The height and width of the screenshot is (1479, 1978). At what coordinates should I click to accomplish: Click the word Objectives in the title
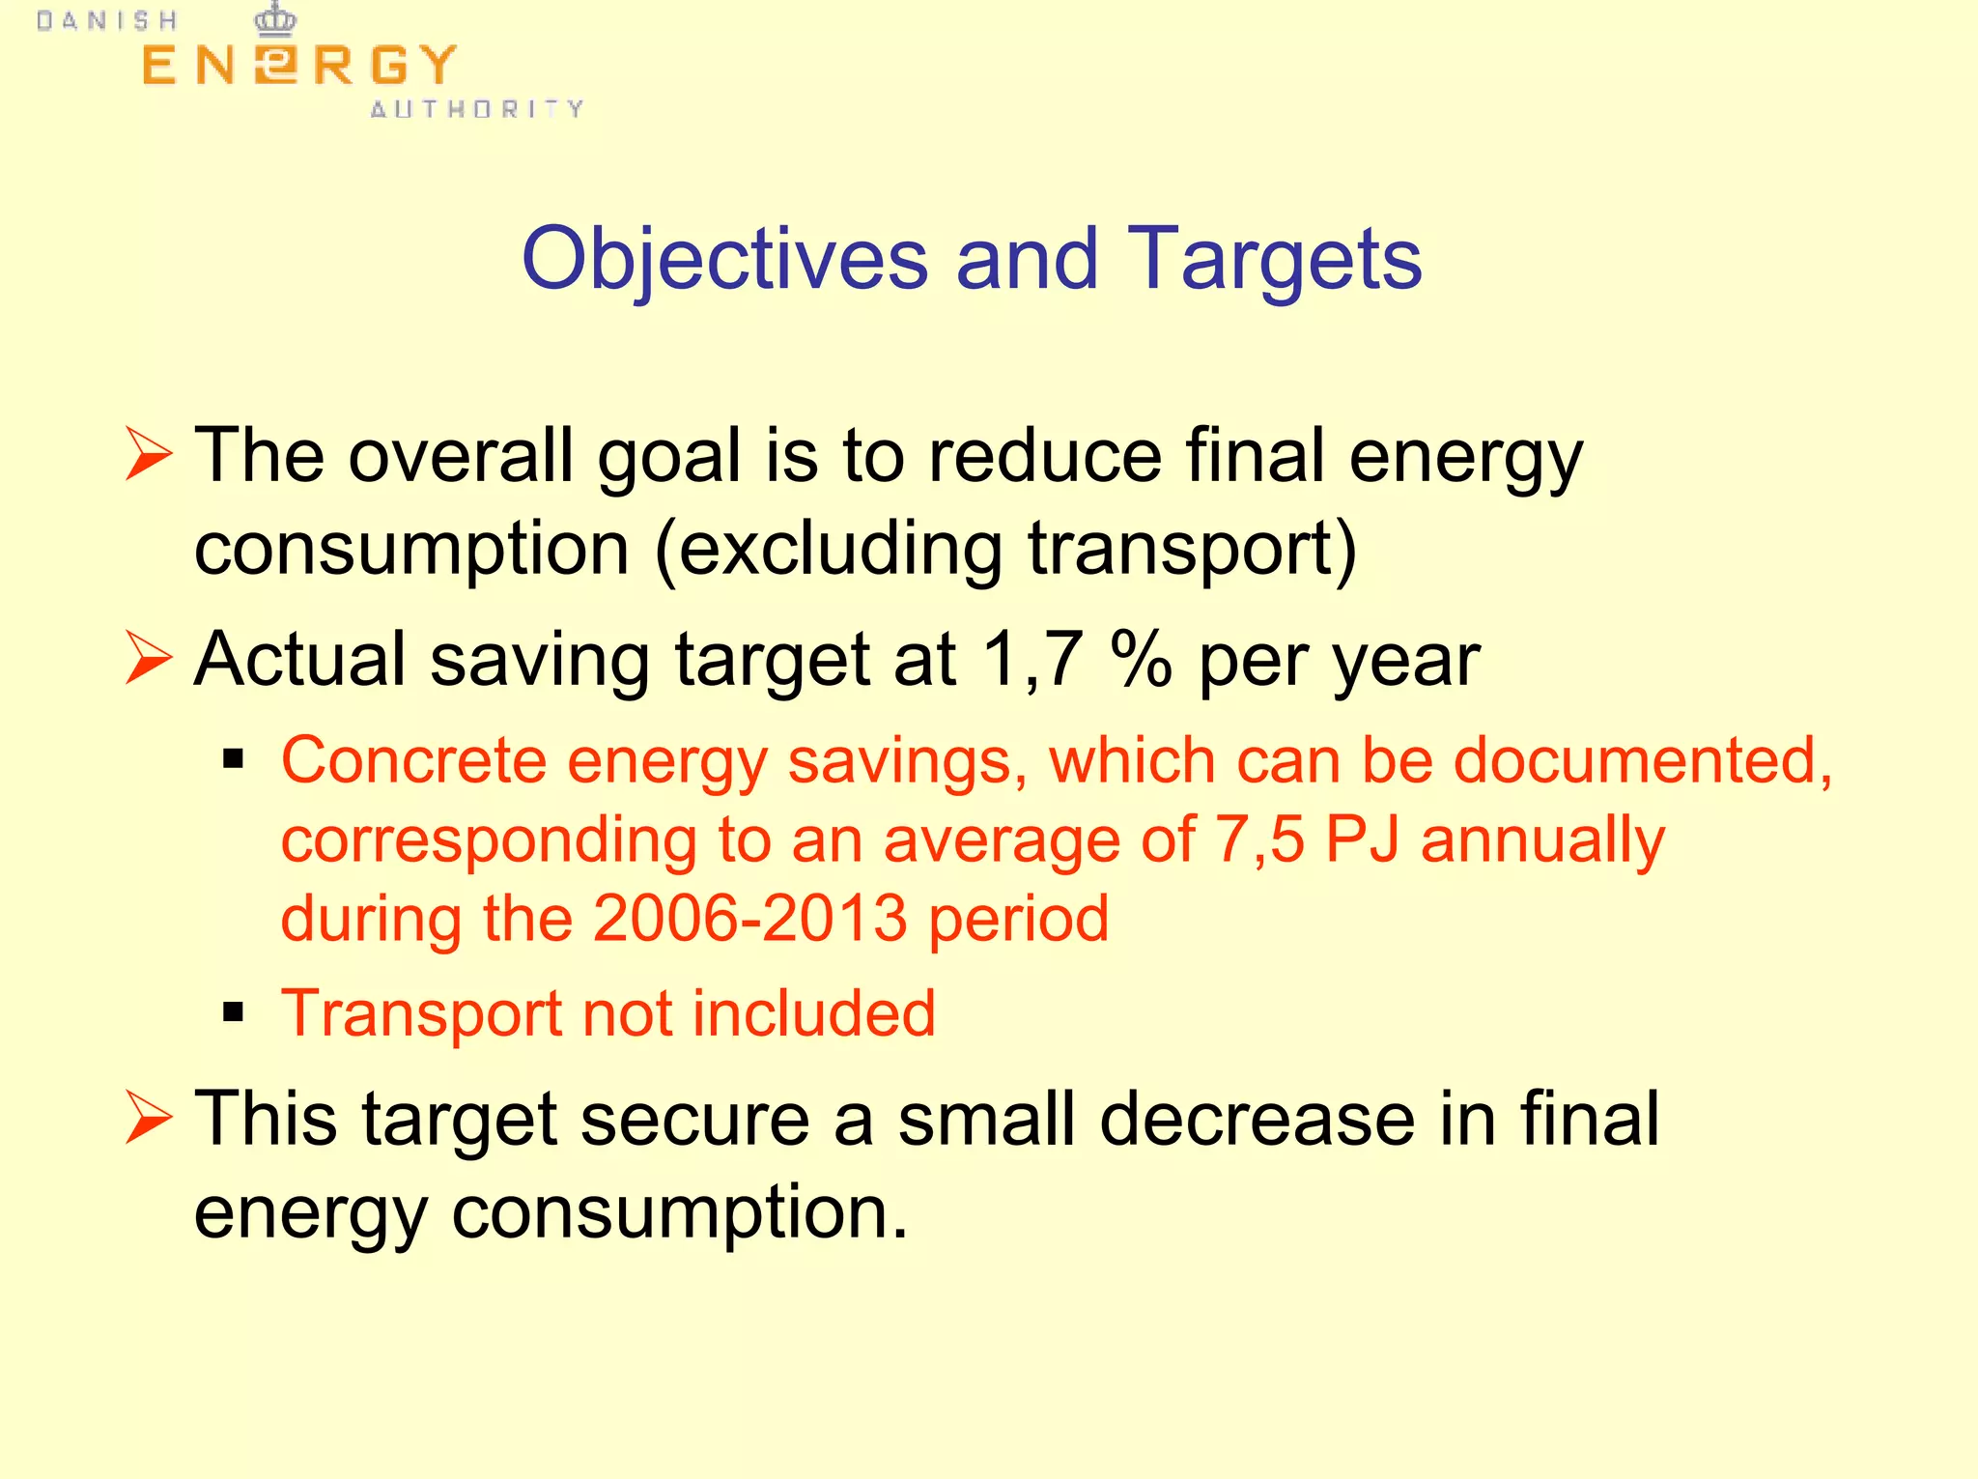724,259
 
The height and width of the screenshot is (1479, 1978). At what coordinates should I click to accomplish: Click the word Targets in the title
1274,259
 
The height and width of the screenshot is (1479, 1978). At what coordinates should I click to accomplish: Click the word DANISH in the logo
107,21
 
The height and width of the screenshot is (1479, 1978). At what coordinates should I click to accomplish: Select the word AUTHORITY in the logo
477,108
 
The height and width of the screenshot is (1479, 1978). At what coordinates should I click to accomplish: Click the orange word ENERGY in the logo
298,66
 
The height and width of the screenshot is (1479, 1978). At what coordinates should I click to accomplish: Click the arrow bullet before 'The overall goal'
148,456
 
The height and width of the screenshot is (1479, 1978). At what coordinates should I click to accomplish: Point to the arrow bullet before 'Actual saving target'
148,659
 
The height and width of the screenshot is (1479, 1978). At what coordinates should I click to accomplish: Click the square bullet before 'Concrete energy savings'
233,759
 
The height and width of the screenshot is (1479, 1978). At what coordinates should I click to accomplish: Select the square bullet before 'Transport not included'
233,1012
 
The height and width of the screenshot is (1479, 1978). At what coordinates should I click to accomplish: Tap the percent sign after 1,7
1142,659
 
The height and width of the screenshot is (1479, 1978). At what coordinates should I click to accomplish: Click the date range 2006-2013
749,918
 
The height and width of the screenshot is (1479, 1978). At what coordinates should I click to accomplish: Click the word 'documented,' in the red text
1642,760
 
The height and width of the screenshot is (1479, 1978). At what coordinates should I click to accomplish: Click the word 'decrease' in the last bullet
1257,1119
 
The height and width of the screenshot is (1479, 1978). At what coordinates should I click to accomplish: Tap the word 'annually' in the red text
1542,840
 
